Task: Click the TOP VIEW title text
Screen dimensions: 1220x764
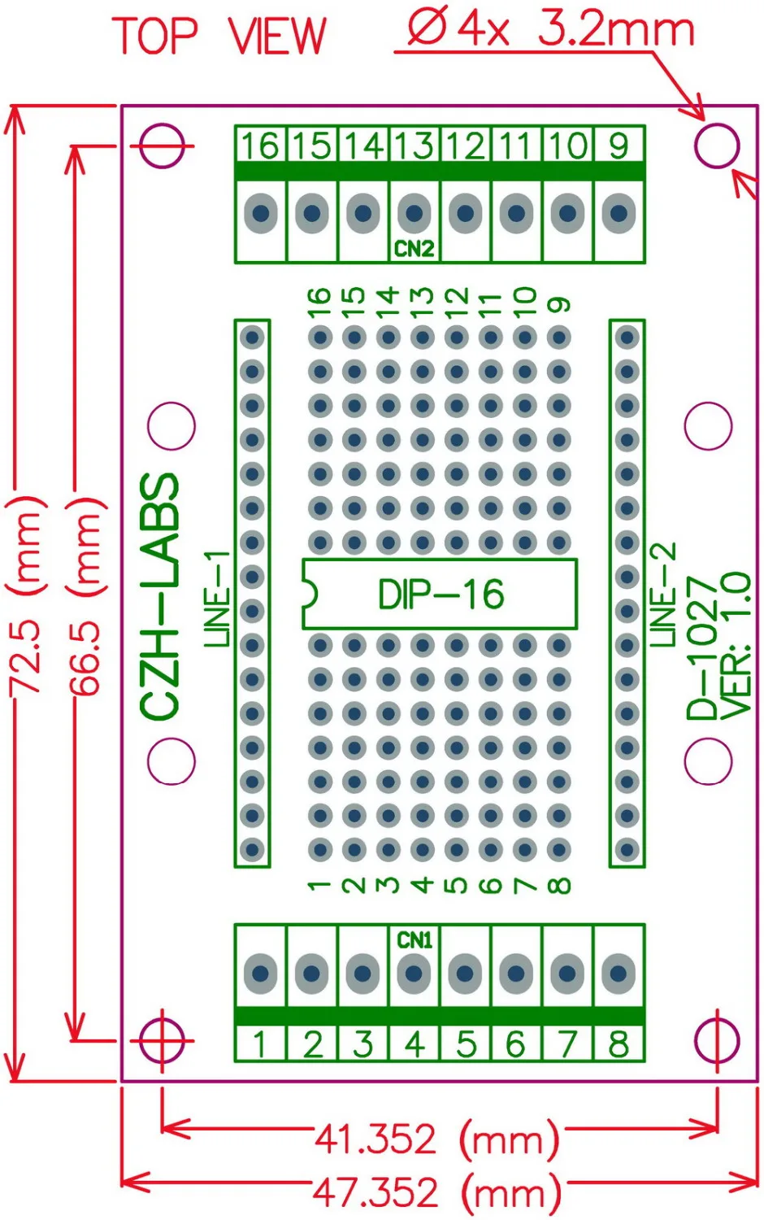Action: pos(219,37)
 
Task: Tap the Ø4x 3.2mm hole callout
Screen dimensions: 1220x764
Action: pos(551,30)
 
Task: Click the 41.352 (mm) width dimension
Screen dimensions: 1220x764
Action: pos(436,1139)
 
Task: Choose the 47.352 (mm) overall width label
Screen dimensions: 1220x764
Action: pos(436,1192)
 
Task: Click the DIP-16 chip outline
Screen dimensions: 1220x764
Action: pos(440,595)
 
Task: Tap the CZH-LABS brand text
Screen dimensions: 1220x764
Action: pos(160,597)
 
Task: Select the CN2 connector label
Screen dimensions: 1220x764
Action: pos(414,249)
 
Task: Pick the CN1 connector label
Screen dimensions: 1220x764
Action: pos(415,940)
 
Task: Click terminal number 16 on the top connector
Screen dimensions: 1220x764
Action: pos(260,146)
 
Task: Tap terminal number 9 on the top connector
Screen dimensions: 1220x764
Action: pos(619,146)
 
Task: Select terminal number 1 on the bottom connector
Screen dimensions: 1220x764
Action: pos(260,1044)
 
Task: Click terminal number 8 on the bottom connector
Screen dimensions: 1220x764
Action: pos(619,1044)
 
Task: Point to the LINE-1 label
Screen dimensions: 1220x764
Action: pos(217,599)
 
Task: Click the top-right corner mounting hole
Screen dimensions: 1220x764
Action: pos(717,146)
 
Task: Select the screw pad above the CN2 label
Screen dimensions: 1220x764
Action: pos(414,214)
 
